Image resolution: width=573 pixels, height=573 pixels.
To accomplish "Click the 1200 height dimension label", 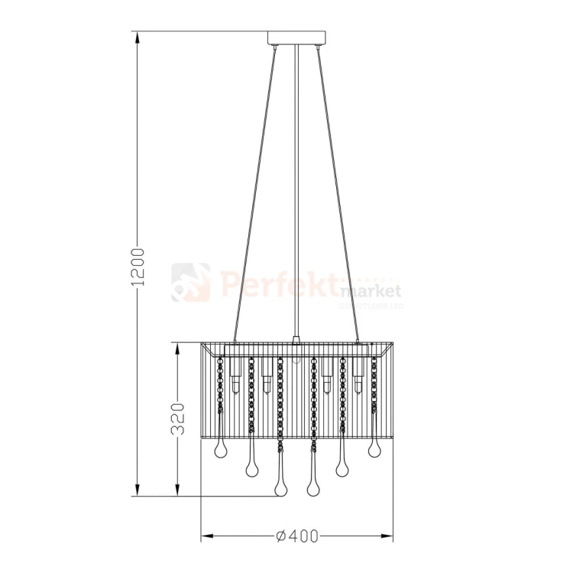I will pos(138,267).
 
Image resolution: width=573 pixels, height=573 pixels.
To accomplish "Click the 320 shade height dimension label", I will pos(178,418).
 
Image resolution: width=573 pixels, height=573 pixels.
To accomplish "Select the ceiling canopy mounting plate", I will pos(296,37).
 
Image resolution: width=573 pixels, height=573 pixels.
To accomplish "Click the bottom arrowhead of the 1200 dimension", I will pos(138,493).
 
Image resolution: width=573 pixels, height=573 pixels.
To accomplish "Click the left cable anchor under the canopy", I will pos(274,48).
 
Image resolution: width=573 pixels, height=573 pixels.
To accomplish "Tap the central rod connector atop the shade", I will pos(296,339).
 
